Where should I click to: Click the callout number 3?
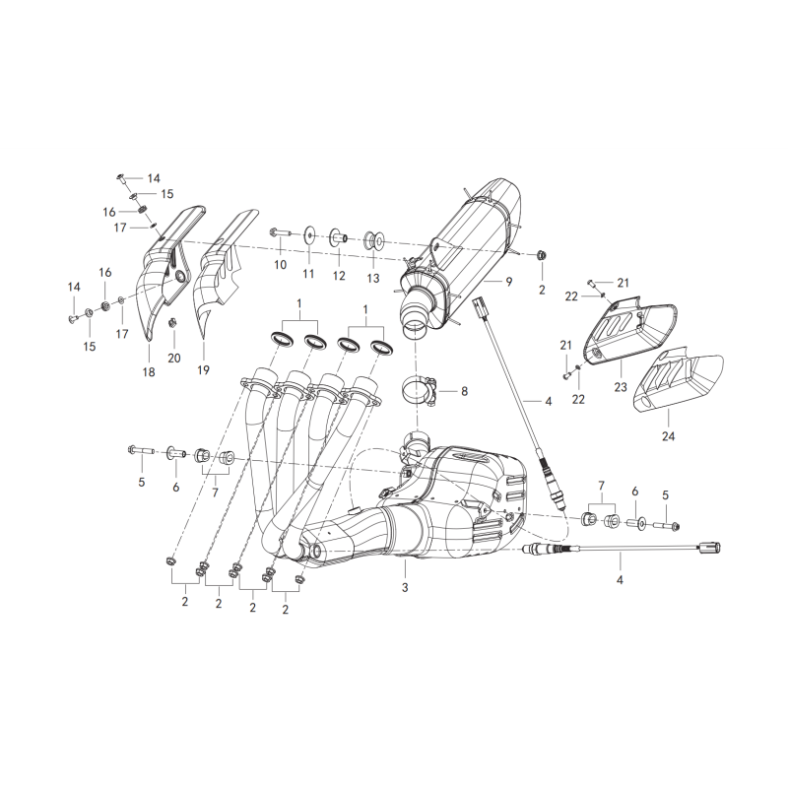tap(405, 587)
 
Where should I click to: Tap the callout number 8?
tap(464, 390)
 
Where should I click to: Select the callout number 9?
tap(509, 282)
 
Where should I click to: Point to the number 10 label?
tap(280, 264)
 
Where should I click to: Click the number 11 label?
tap(308, 274)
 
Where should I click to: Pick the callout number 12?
tap(339, 276)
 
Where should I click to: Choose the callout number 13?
tap(373, 278)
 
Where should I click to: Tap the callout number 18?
tap(149, 372)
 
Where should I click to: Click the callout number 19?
tap(203, 370)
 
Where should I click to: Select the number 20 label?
tap(174, 358)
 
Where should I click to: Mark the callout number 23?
tap(621, 386)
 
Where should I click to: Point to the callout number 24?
tap(668, 436)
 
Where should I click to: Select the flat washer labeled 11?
tap(308, 233)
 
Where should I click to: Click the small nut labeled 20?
tap(171, 322)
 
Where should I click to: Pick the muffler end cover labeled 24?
tap(679, 384)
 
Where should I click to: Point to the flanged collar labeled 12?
tap(338, 236)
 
